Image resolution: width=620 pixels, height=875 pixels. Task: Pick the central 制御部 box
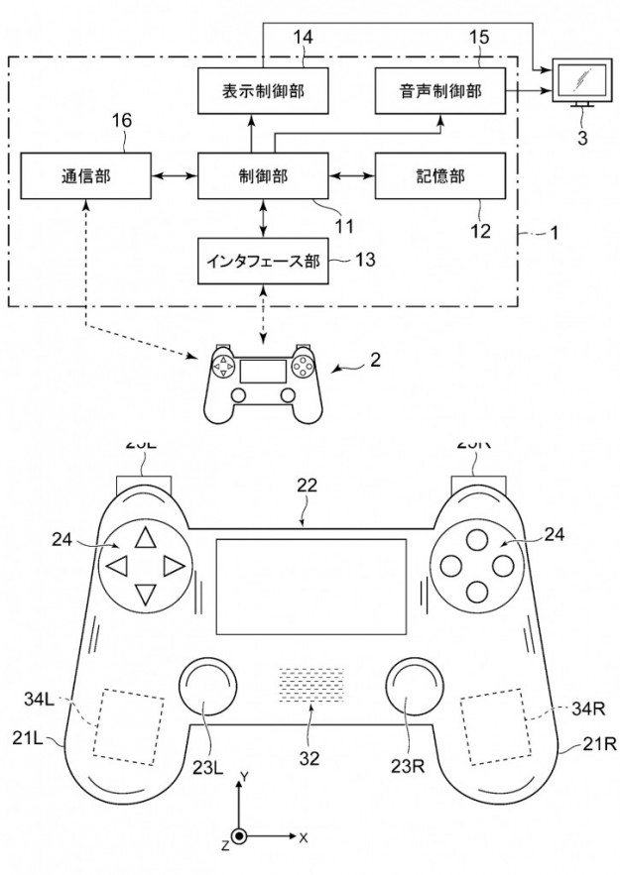coord(264,176)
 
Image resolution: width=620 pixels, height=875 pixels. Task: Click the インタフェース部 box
coord(263,262)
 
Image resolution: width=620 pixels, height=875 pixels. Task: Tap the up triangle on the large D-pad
coord(145,538)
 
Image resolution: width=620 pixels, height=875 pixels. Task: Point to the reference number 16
coord(121,121)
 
